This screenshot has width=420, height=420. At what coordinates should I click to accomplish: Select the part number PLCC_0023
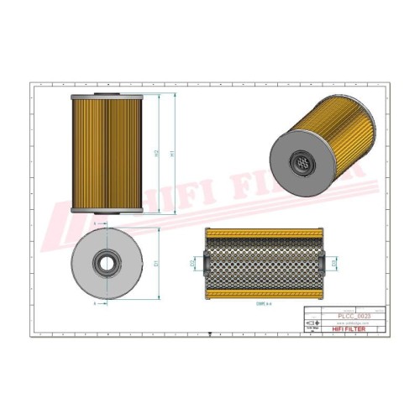[349, 315]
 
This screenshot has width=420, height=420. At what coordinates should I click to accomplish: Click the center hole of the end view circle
[106, 261]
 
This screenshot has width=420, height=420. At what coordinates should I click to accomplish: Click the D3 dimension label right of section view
[335, 264]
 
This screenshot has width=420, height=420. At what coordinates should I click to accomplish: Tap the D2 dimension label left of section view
[192, 264]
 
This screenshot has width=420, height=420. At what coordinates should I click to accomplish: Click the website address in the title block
[349, 322]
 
